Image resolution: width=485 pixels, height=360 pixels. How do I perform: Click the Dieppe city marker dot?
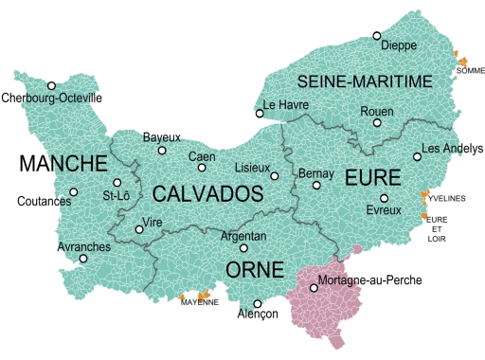[x=376, y=35]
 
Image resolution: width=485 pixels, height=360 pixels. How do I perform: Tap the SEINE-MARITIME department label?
[x=365, y=81]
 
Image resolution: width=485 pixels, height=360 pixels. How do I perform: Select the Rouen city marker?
[x=377, y=122]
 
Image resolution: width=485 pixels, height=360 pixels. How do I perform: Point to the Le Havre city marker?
[x=259, y=116]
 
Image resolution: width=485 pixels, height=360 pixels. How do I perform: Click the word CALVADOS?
[x=207, y=194]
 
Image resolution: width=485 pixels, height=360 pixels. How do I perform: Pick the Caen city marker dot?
[x=202, y=168]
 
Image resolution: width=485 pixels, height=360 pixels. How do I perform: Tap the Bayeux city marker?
[x=162, y=150]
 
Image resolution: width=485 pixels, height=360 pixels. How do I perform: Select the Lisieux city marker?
[x=275, y=175]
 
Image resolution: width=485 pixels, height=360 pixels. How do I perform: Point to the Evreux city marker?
[x=384, y=198]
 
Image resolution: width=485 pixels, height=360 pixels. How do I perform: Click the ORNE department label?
[x=255, y=270]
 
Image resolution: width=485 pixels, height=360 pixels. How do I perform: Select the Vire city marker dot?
[x=139, y=227]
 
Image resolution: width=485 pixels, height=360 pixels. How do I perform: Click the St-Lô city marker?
[x=117, y=183]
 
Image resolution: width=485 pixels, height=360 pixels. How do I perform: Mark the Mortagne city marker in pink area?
[x=314, y=287]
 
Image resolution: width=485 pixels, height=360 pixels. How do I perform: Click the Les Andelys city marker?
[x=417, y=157]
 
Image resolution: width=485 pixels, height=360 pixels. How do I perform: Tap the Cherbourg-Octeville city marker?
[x=51, y=85]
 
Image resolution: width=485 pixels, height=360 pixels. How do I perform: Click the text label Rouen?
[x=377, y=111]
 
